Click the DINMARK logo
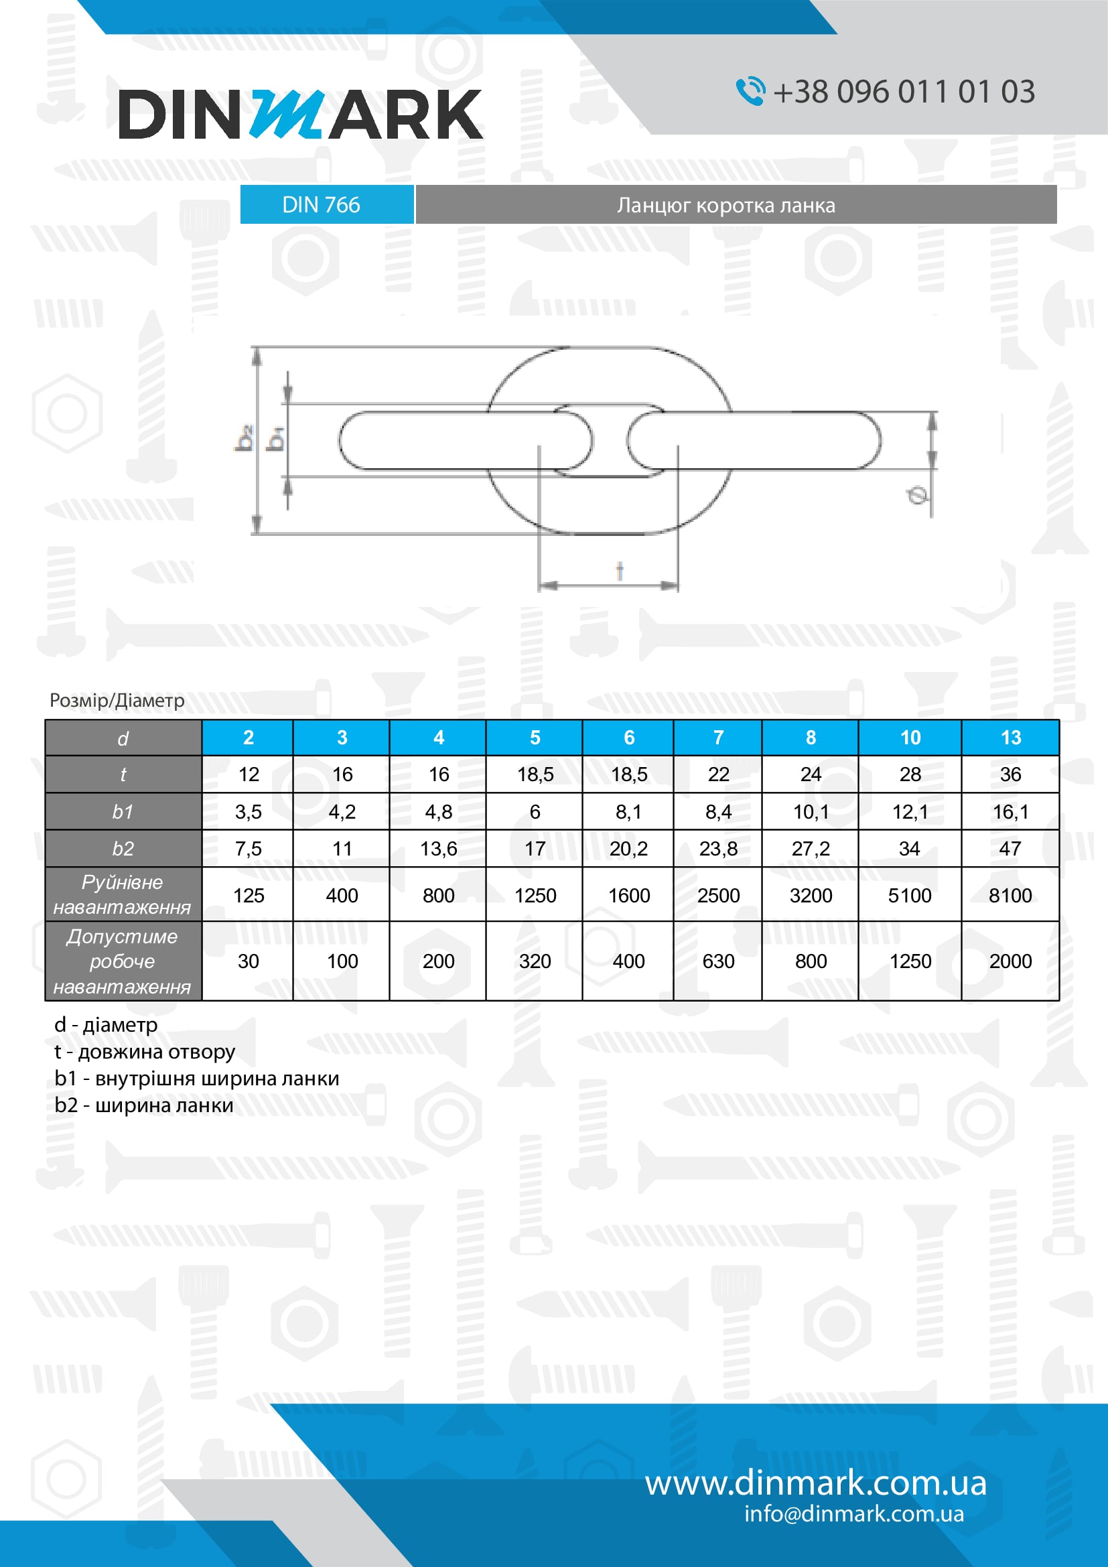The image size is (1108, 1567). pyautogui.click(x=300, y=114)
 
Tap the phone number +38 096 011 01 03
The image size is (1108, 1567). pyautogui.click(x=903, y=92)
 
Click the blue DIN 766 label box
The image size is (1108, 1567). pyautogui.click(x=327, y=205)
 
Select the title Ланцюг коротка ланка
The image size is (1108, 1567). pyautogui.click(x=726, y=206)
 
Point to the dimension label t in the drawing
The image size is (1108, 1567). pyautogui.click(x=620, y=571)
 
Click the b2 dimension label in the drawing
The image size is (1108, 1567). pyautogui.click(x=244, y=438)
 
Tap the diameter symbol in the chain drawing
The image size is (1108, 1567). pyautogui.click(x=918, y=495)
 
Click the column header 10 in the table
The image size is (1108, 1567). pyautogui.click(x=910, y=738)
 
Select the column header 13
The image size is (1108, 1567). pyautogui.click(x=1010, y=738)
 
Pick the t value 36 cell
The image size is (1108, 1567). pyautogui.click(x=1010, y=774)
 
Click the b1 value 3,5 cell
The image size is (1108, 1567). pyautogui.click(x=248, y=811)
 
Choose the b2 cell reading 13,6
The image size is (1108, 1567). pyautogui.click(x=438, y=848)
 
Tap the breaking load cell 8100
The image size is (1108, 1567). pyautogui.click(x=1010, y=895)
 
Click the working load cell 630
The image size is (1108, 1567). pyautogui.click(x=717, y=961)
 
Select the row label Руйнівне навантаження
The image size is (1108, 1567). pyautogui.click(x=123, y=895)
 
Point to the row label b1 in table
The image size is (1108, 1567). pyautogui.click(x=123, y=811)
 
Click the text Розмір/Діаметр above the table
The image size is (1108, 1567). pyautogui.click(x=117, y=700)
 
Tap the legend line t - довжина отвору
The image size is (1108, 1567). pyautogui.click(x=145, y=1052)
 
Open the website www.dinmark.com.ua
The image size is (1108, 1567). pyautogui.click(x=815, y=1483)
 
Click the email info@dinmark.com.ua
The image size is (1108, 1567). pyautogui.click(x=853, y=1514)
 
